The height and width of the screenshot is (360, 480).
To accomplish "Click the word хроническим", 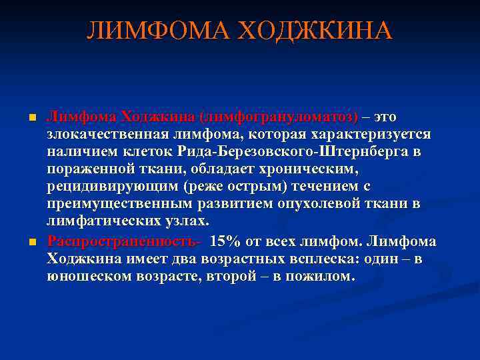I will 308,169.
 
